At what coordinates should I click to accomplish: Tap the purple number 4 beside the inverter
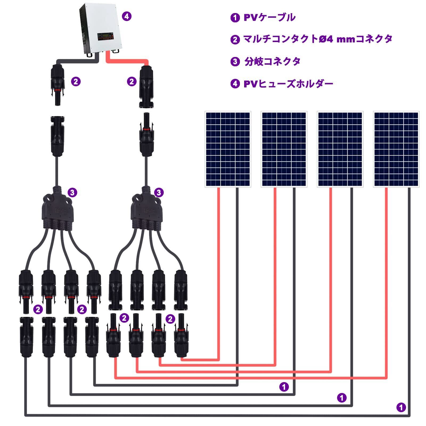(x=126, y=16)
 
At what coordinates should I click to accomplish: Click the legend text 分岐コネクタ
(x=272, y=62)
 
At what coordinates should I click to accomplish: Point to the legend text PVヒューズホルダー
(x=288, y=84)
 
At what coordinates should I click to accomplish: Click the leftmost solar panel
(x=228, y=149)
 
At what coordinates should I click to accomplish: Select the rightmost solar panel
(x=396, y=149)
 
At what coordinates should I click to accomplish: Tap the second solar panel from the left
(x=284, y=149)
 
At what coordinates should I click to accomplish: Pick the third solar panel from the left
(x=340, y=149)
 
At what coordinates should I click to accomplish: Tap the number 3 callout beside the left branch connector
(x=72, y=192)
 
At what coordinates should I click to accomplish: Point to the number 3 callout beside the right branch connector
(x=159, y=192)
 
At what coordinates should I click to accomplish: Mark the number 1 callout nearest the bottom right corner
(x=401, y=407)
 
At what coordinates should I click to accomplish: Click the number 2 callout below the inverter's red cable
(x=132, y=81)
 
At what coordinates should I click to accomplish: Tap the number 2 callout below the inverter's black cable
(x=76, y=81)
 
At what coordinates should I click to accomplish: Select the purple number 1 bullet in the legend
(x=235, y=18)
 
